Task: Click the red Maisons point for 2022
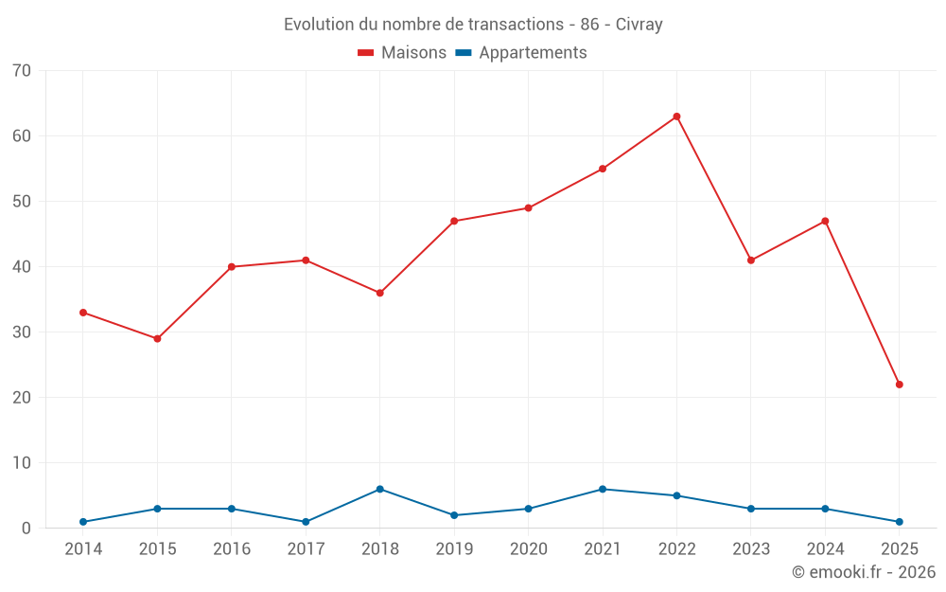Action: click(x=676, y=117)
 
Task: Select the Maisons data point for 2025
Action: click(x=899, y=385)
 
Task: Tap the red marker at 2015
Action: click(x=157, y=338)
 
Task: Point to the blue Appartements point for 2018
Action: click(x=379, y=489)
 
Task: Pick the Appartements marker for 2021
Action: click(x=603, y=489)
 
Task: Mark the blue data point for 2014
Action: click(x=83, y=522)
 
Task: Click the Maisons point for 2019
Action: click(x=454, y=221)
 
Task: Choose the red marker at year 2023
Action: click(x=751, y=260)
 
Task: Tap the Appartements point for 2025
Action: click(x=899, y=522)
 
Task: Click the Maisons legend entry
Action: click(x=402, y=53)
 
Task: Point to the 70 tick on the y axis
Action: click(x=22, y=71)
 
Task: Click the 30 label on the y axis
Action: click(x=22, y=332)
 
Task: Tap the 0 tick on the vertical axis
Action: click(x=26, y=529)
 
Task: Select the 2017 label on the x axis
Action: click(x=306, y=549)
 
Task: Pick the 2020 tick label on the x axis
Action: click(x=528, y=549)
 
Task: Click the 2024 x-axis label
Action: click(x=825, y=549)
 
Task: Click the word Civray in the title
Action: click(x=639, y=25)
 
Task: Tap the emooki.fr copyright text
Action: click(x=864, y=572)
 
